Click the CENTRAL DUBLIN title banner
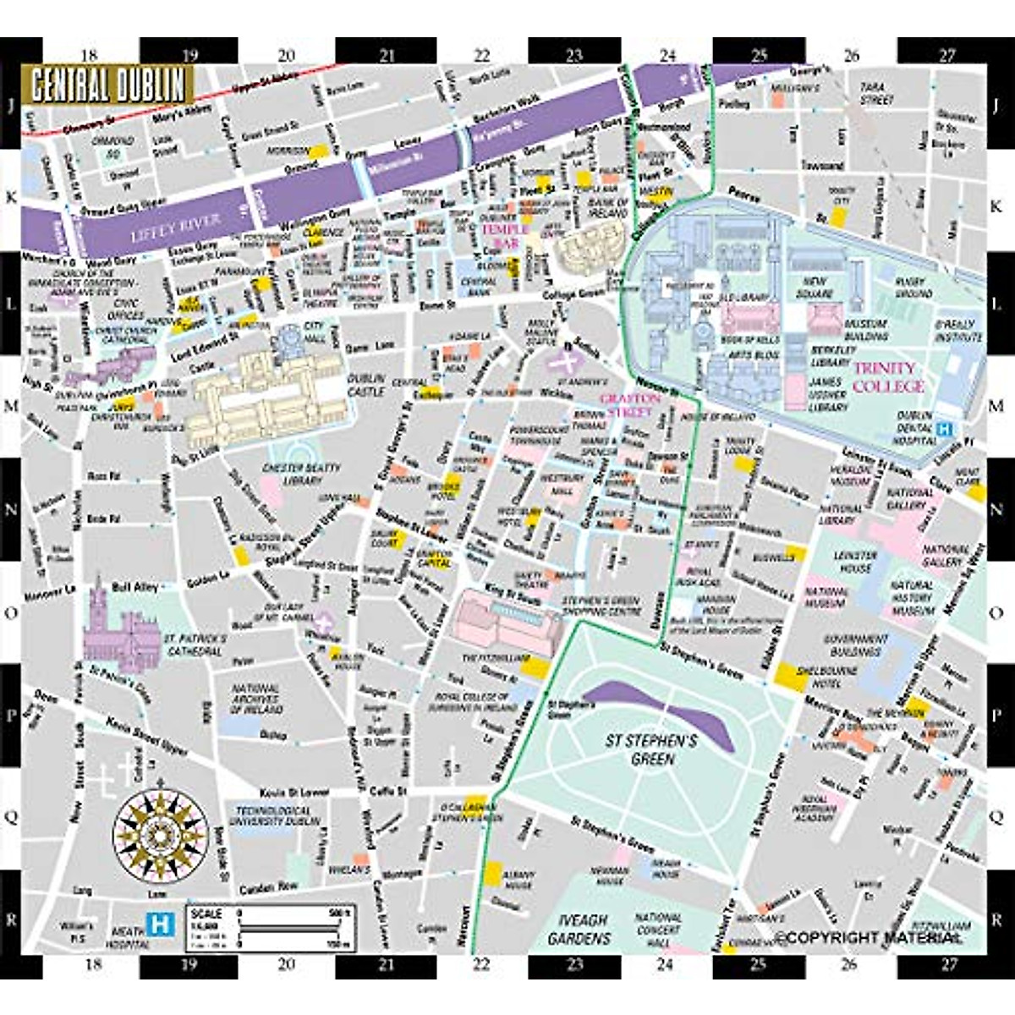tap(107, 85)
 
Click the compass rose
tap(161, 831)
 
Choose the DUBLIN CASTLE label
tap(365, 385)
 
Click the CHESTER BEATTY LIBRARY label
tap(302, 474)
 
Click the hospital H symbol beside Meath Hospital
tap(158, 924)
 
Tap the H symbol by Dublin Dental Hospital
tap(945, 429)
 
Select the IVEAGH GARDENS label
tap(579, 929)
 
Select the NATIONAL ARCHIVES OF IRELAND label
tap(256, 700)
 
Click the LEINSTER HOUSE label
tap(855, 562)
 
